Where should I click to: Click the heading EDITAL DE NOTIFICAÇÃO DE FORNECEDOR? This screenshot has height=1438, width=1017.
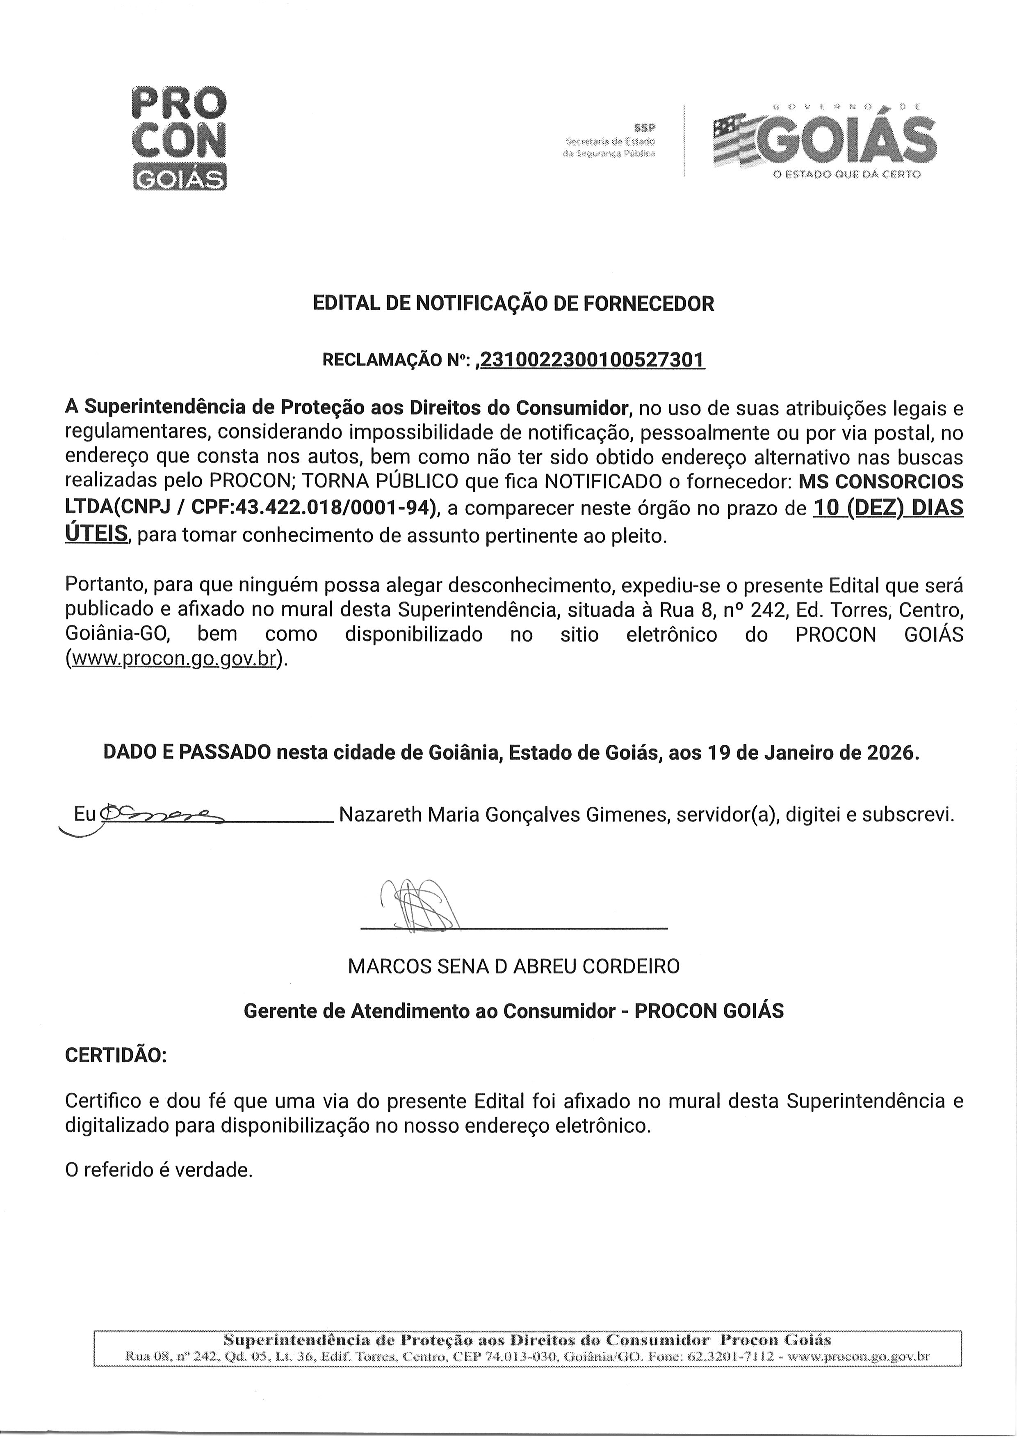point(513,304)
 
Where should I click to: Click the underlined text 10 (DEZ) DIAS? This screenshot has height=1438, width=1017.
point(888,507)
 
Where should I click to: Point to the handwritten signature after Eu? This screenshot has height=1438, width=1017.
point(157,813)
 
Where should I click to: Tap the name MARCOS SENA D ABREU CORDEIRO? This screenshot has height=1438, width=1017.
point(513,966)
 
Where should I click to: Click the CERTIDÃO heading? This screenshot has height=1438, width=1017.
point(116,1056)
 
